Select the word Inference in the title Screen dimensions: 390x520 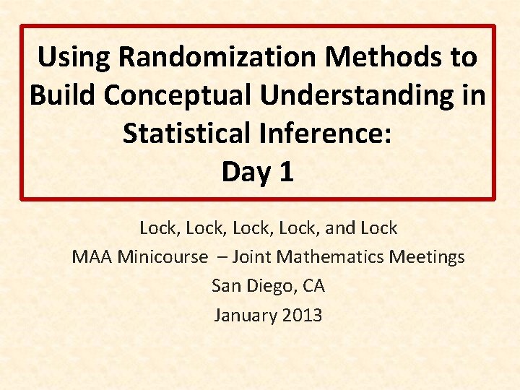pyautogui.click(x=333, y=134)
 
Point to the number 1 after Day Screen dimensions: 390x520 pyautogui.click(x=287, y=172)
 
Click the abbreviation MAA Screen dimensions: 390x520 pyautogui.click(x=92, y=257)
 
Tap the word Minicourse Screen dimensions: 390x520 pyautogui.click(x=162, y=257)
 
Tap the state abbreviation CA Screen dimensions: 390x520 pyautogui.click(x=314, y=286)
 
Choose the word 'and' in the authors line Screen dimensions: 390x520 pyautogui.click(x=339, y=228)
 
